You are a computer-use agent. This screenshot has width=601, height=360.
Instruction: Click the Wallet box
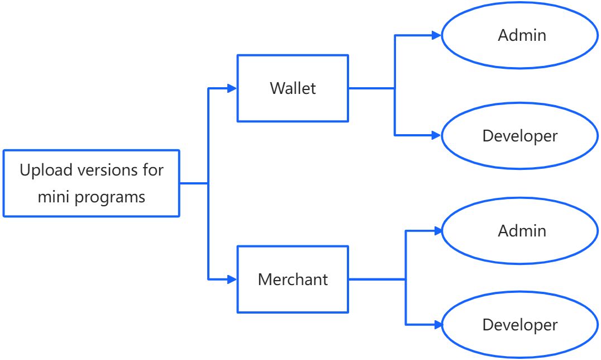coord(293,88)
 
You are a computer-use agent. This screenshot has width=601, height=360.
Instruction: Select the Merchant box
coord(293,279)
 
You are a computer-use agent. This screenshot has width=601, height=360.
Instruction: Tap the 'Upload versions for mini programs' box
coord(91,183)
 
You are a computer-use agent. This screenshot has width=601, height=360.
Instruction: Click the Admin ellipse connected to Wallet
coord(521,35)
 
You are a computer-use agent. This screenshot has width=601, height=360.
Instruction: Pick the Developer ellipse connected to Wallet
coord(521,135)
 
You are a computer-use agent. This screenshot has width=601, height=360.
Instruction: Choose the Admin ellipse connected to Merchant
coord(521,230)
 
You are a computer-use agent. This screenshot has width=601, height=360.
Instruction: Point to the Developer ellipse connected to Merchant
coord(521,324)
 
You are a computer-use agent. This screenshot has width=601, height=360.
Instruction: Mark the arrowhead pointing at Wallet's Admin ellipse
coord(437,35)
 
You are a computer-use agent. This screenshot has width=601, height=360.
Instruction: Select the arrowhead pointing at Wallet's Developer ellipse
coord(437,135)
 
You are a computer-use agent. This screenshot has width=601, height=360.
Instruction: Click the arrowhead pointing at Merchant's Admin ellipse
coord(437,230)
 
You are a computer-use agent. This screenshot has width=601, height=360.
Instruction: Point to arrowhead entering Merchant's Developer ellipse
coord(437,324)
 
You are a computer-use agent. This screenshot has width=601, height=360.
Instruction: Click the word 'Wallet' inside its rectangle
coord(293,88)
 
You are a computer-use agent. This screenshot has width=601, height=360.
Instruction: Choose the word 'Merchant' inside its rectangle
coord(293,279)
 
